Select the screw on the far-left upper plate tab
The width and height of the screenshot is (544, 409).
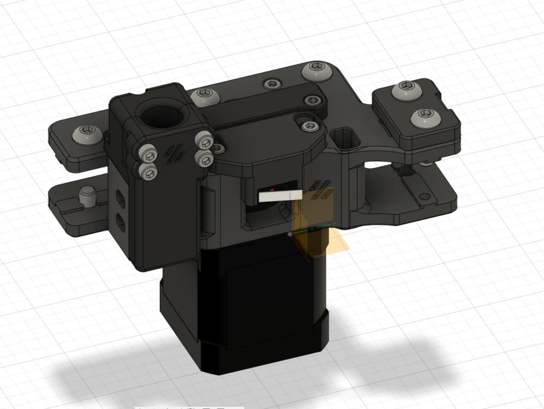[87, 133]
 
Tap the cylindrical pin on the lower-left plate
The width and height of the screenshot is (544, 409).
[87, 196]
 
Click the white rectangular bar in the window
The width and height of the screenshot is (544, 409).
[280, 195]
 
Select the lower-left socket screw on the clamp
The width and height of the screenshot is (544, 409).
[148, 172]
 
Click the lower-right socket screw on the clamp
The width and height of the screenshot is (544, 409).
[203, 158]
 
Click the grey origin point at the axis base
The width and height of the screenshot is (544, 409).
[290, 233]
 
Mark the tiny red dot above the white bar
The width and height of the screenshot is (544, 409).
[272, 189]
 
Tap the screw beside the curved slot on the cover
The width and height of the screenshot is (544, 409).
[310, 125]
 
